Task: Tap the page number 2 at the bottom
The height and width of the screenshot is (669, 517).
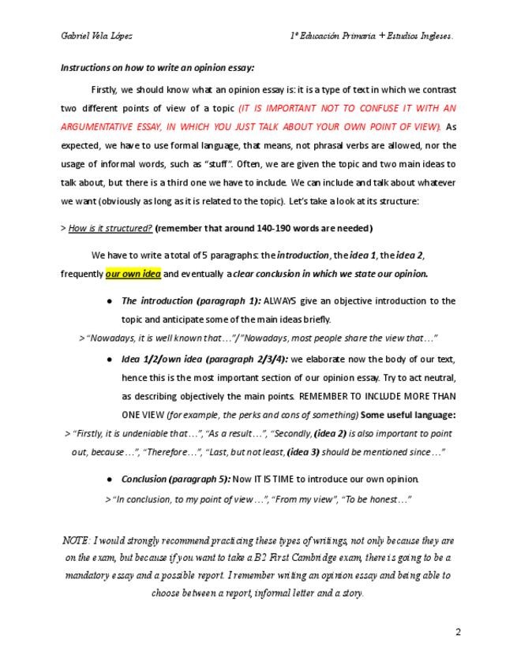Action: [457, 632]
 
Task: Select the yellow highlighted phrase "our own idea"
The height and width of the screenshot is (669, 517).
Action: [133, 274]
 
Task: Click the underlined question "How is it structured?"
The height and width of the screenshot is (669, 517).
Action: [111, 228]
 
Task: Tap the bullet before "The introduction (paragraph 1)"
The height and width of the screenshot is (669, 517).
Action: [108, 301]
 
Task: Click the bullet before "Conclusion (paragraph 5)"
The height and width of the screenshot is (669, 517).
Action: [108, 480]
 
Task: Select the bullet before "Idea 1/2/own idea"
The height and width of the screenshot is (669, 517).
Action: [108, 359]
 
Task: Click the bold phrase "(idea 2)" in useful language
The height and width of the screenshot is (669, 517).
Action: [331, 434]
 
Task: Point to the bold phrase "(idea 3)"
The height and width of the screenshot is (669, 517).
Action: [303, 452]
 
